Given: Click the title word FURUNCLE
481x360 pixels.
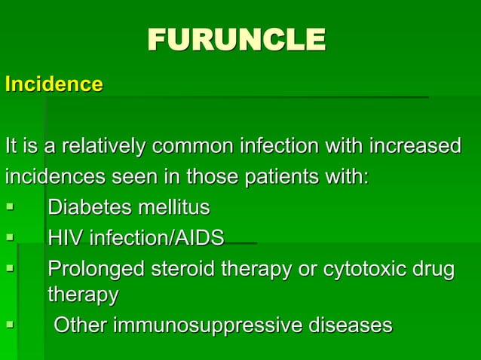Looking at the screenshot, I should pyautogui.click(x=236, y=40).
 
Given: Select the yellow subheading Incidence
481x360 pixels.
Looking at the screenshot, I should pyautogui.click(x=54, y=84).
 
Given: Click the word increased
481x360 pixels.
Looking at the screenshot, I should pyautogui.click(x=412, y=145).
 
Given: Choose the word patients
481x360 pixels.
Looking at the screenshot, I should pyautogui.click(x=285, y=178).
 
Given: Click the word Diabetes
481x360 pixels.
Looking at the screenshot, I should pyautogui.click(x=90, y=207).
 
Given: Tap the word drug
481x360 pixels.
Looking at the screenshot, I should pyautogui.click(x=433, y=269).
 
